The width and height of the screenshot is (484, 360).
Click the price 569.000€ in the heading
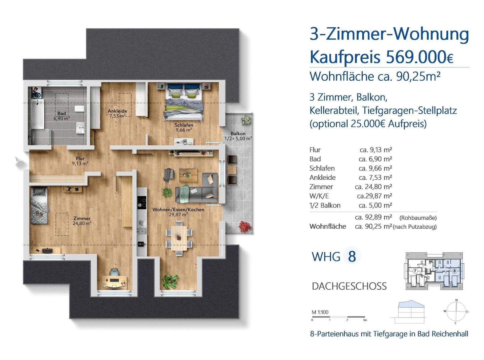pyautogui.click(x=419, y=57)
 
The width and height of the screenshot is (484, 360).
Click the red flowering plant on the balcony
pyautogui.click(x=246, y=226)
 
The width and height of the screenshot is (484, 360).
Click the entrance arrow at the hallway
pyautogui.click(x=19, y=162)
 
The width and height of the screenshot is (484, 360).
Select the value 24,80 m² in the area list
pyautogui.click(x=373, y=186)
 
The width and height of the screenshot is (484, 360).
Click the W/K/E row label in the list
pyautogui.click(x=317, y=196)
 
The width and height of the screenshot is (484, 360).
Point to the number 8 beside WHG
pyautogui.click(x=352, y=256)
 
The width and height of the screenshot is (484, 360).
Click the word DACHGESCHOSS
pyautogui.click(x=349, y=286)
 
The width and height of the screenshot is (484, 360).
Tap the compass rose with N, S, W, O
pyautogui.click(x=456, y=312)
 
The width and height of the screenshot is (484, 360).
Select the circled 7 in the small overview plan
pyautogui.click(x=415, y=271)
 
